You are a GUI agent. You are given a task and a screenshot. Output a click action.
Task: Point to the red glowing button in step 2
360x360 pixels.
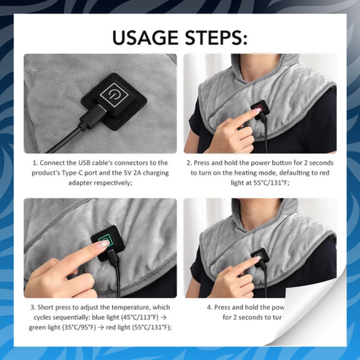(x=259, y=109)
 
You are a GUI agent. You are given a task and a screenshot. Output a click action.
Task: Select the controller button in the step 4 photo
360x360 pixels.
(x=259, y=257)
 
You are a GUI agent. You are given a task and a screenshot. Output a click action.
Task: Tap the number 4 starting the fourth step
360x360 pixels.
(x=207, y=307)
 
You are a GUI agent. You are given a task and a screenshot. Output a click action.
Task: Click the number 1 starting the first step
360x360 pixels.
(x=35, y=163)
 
